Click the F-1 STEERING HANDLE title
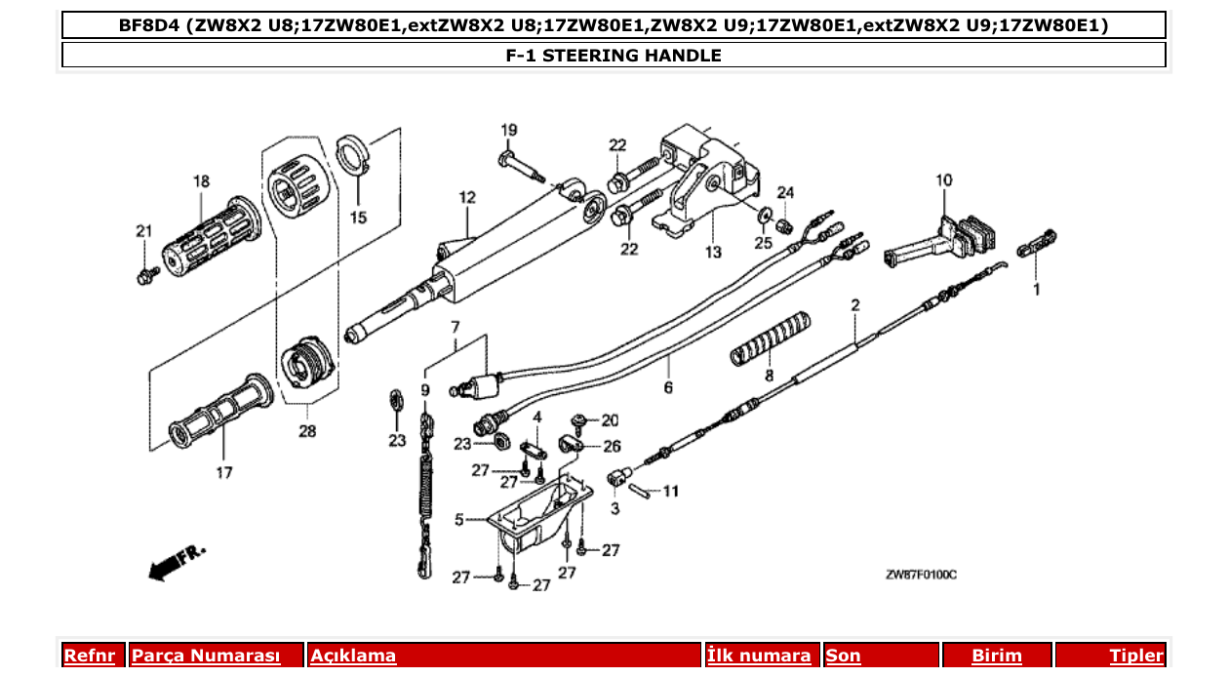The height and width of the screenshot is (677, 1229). point(614,56)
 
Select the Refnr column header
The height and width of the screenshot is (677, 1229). point(89,656)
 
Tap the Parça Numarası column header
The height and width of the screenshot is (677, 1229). point(206,656)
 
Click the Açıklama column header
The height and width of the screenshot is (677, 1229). point(353,656)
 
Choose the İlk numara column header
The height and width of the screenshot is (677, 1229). point(759,656)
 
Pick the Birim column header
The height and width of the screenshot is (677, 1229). point(996,656)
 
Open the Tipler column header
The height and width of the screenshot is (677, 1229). point(1136,656)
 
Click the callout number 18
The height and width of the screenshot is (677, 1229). point(201,181)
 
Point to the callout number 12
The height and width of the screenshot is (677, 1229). point(467,198)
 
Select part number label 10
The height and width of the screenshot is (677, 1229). point(943,180)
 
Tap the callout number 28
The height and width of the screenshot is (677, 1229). point(307,430)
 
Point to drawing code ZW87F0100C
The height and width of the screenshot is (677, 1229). point(921,576)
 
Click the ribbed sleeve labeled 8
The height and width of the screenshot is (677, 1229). point(771,338)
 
